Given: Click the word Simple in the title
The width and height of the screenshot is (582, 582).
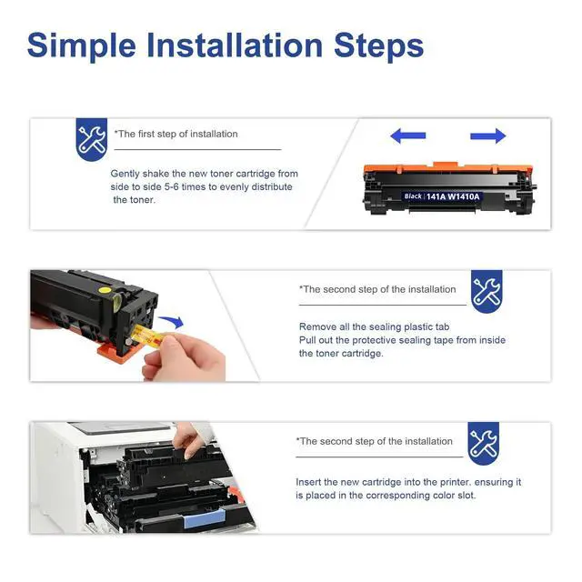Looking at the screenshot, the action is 81,46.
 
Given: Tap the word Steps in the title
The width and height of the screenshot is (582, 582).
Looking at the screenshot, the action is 378,45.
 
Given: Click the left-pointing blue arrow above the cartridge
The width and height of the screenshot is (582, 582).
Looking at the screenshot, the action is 408,135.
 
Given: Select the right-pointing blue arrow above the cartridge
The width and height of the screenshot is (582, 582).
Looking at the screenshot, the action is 488,136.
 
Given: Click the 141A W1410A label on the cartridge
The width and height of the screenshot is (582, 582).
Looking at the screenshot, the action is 453,196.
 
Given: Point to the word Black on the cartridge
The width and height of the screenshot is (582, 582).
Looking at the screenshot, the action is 413,196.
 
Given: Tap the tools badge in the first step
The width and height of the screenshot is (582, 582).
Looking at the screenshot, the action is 92,139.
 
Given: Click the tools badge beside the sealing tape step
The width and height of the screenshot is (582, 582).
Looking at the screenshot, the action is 487,291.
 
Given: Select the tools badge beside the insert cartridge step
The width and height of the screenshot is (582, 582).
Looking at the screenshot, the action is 483,444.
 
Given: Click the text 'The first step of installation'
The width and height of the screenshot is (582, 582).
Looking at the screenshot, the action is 176,134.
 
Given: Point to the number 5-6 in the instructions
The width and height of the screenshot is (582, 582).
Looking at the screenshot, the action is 172,186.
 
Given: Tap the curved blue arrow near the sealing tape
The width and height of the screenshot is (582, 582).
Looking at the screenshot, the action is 172,321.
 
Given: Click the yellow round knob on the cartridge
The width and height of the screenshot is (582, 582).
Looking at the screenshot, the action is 105,289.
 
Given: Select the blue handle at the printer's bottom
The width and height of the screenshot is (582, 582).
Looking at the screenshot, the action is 204,518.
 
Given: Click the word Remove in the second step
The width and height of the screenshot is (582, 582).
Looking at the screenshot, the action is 318,327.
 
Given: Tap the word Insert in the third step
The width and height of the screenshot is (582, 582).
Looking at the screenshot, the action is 308,482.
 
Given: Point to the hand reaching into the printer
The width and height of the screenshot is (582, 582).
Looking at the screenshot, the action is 191,440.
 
